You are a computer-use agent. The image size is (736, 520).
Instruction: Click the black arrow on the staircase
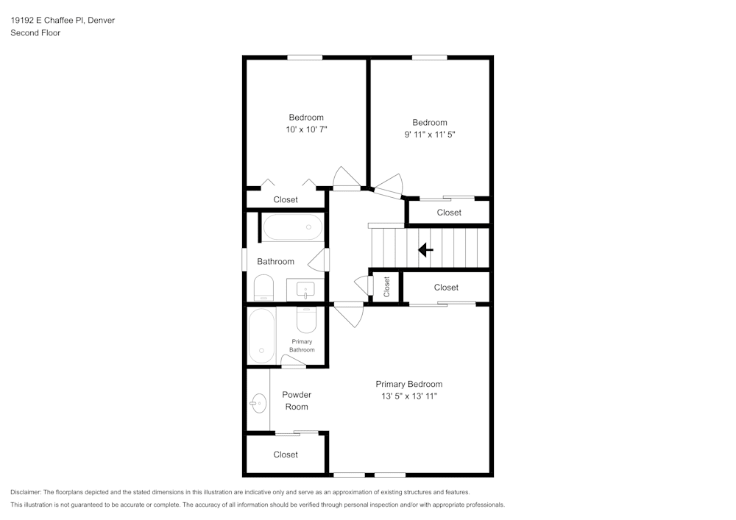point(425,250)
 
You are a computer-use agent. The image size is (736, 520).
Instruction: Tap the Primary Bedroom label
point(408,384)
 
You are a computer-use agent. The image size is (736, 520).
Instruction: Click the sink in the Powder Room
point(258,402)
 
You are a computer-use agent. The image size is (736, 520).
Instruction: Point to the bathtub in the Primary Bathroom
point(261,335)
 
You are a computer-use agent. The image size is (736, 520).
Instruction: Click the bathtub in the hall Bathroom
point(293,227)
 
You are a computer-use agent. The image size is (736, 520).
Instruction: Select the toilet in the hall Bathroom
point(263,288)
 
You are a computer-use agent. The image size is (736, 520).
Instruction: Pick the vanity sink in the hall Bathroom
point(305,289)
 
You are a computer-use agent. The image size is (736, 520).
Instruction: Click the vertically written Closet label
point(386,286)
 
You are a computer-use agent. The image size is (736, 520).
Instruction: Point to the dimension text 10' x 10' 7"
point(306,129)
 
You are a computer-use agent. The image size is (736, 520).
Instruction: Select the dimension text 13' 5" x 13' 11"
point(408,396)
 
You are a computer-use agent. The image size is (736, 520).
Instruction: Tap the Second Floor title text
point(35,33)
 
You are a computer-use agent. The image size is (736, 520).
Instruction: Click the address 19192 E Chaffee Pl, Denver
point(63,21)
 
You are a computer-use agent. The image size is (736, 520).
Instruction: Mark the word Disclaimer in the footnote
point(26,492)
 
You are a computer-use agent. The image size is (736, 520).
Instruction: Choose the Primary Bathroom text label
point(302,346)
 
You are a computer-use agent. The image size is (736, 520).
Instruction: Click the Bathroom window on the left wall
point(244,261)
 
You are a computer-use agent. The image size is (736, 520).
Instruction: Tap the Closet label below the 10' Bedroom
point(286,199)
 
